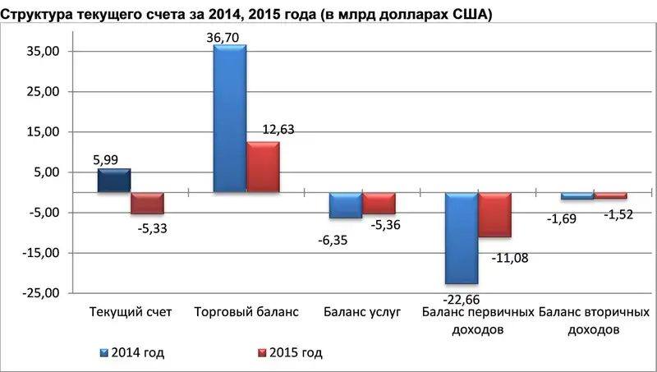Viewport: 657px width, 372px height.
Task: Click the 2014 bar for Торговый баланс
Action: click(229, 119)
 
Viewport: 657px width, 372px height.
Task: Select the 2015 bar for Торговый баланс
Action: click(263, 168)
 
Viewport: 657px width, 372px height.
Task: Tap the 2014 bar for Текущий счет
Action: click(113, 181)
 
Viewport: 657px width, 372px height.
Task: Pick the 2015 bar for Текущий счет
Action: click(148, 203)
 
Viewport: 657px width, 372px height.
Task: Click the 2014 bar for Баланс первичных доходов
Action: click(462, 238)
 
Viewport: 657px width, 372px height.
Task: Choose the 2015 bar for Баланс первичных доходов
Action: click(495, 214)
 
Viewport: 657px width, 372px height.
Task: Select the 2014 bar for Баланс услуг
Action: click(345, 205)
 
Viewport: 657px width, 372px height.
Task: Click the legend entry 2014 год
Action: click(134, 353)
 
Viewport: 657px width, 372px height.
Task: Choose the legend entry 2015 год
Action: click(292, 353)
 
